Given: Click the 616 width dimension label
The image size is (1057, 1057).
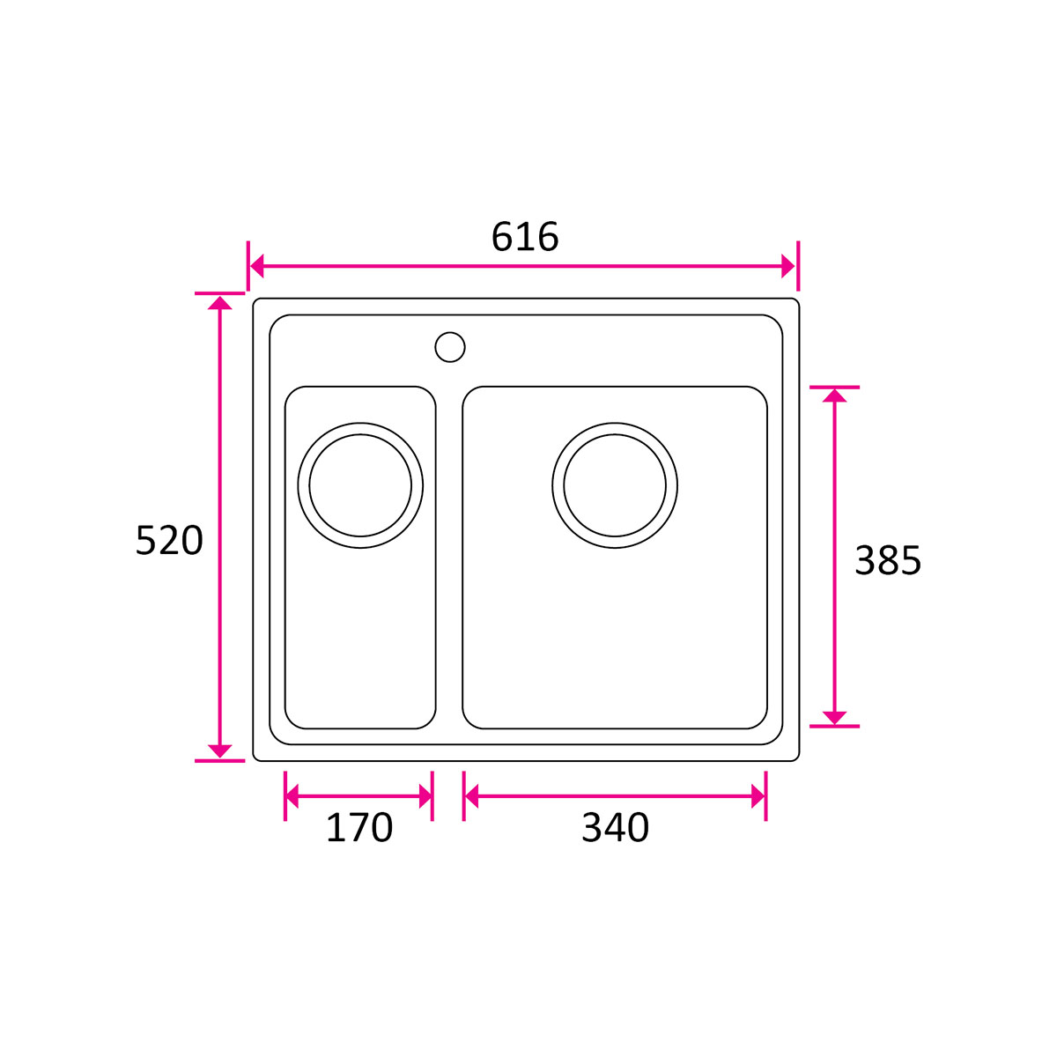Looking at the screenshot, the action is tap(524, 237).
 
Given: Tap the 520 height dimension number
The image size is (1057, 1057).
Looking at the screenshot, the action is tap(169, 541).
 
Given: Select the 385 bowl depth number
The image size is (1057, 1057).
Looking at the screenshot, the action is tap(888, 560).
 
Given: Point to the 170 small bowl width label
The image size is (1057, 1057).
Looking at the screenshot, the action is tap(359, 827).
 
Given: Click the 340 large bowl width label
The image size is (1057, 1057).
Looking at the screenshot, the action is tap(615, 827).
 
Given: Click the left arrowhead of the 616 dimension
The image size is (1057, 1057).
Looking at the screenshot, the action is tap(256, 266).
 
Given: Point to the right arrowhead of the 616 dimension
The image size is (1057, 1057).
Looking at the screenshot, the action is tap(788, 266).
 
